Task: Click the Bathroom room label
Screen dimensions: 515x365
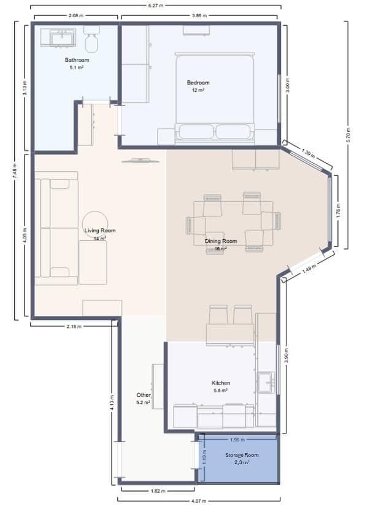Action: tap(77, 60)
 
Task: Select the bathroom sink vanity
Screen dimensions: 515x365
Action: tap(59, 37)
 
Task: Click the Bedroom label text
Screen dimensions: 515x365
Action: tap(198, 83)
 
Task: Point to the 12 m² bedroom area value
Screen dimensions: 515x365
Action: tap(198, 90)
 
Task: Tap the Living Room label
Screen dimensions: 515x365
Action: tap(100, 231)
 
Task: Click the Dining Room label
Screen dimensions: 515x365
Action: tap(221, 242)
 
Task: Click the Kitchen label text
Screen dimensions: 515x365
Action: tap(221, 383)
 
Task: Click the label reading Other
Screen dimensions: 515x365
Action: tap(143, 395)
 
